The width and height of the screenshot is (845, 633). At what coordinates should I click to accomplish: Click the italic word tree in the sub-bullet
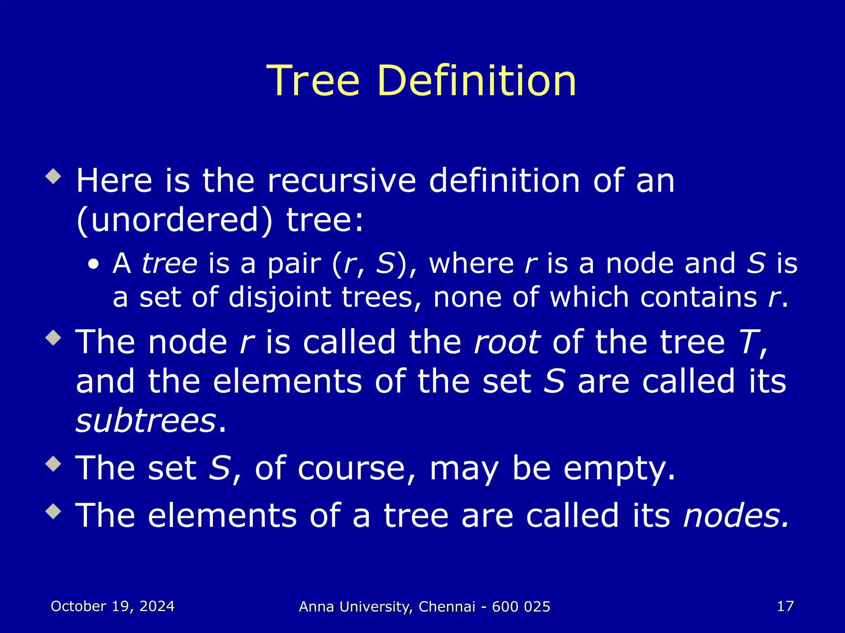pyautogui.click(x=170, y=263)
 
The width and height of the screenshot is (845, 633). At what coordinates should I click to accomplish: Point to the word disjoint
pyautogui.click(x=279, y=297)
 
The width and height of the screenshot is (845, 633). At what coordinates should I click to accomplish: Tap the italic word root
pyautogui.click(x=507, y=342)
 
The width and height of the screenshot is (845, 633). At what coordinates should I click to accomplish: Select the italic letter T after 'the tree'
pyautogui.click(x=748, y=342)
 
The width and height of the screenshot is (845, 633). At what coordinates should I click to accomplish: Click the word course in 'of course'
pyautogui.click(x=352, y=469)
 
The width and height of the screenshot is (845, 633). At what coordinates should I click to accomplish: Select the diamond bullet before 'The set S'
pyautogui.click(x=54, y=464)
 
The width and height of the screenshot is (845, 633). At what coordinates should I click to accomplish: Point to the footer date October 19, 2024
pyautogui.click(x=113, y=606)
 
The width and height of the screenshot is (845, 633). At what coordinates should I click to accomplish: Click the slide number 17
pyautogui.click(x=785, y=606)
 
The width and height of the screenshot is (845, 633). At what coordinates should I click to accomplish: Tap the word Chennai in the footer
pyautogui.click(x=447, y=607)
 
